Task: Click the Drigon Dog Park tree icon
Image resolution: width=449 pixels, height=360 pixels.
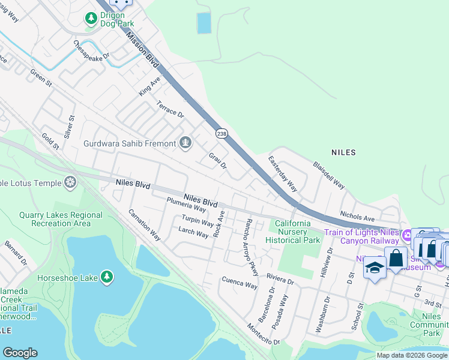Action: (91, 19)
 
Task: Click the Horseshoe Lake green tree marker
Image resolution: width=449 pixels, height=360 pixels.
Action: (106, 277)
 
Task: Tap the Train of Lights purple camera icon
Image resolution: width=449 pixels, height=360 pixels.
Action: (407, 235)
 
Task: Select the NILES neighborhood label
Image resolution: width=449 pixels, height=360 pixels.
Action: (343, 152)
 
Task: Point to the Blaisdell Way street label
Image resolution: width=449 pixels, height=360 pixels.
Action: (328, 175)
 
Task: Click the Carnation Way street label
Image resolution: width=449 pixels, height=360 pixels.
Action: (144, 225)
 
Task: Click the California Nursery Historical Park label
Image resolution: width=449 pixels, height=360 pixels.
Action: (293, 232)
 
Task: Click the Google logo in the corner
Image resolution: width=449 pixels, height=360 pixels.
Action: (20, 353)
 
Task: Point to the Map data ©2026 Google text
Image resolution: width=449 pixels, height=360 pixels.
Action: (411, 355)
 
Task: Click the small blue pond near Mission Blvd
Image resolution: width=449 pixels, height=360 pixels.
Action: (204, 23)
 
